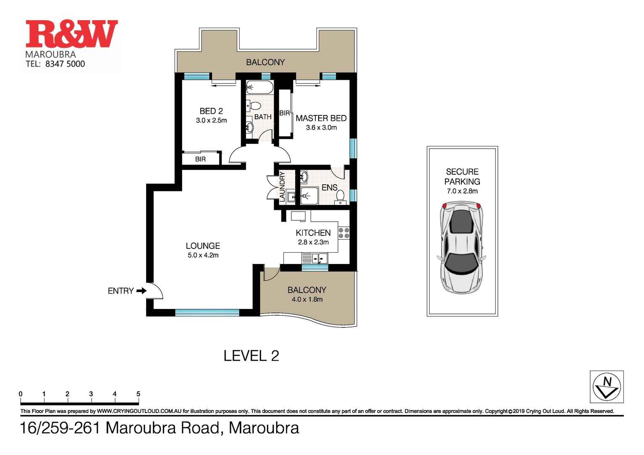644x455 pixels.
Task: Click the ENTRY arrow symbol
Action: pos(141,290)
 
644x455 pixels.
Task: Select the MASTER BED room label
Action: pos(321,118)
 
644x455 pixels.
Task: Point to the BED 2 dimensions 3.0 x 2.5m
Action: pos(211,120)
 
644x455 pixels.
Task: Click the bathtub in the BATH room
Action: pos(259,87)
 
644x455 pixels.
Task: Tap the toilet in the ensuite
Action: pos(340,196)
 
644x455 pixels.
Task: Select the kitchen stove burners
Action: pos(344,233)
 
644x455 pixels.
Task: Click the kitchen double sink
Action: pos(318,259)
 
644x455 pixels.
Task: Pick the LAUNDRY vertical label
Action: pos(282,187)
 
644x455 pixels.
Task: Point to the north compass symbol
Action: pos(606,387)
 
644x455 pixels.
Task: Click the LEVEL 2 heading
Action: pos(251,356)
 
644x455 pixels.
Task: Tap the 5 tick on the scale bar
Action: pos(138,395)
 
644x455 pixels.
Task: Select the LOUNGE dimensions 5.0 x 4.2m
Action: pos(203,255)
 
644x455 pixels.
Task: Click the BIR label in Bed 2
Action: pos(200,159)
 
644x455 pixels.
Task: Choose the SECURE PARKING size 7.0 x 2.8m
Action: pos(462,191)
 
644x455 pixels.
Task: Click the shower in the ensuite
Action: pos(309,196)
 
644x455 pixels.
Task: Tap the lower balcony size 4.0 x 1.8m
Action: pos(306,299)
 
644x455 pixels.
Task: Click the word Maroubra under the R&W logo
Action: pos(50,55)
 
